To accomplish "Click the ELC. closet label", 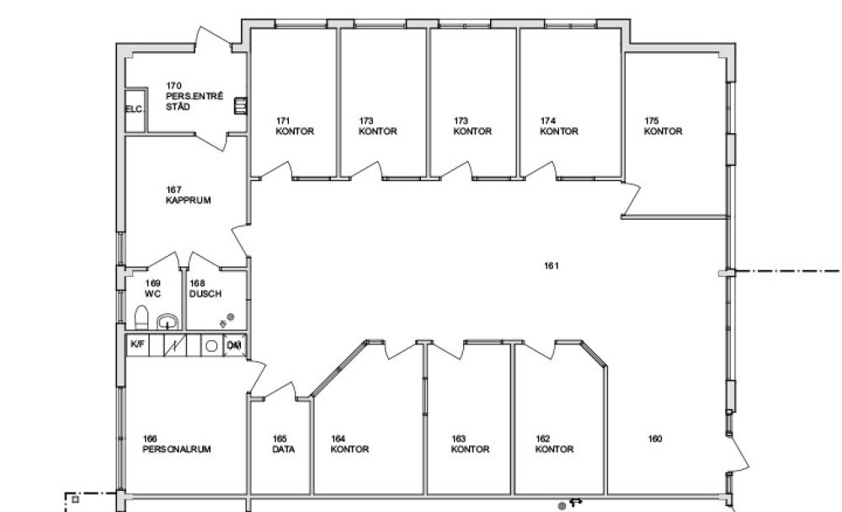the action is tap(135, 109).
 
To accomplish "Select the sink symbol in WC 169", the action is tap(168, 322).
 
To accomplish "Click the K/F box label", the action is tap(137, 344).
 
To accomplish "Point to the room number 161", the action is tap(552, 265).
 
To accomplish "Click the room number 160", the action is tap(655, 439).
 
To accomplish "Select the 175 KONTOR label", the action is tap(663, 126).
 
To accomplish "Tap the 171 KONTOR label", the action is tap(295, 126).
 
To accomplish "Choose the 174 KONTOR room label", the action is tap(559, 126).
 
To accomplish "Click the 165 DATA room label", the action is tap(283, 445).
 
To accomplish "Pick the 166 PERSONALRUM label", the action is tap(177, 445).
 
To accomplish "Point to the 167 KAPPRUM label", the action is tap(188, 195).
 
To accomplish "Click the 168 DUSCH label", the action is tap(205, 289).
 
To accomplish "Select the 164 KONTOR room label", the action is tap(349, 445).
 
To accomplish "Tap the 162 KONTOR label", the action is tap(554, 445).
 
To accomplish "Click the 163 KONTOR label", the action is tap(470, 445).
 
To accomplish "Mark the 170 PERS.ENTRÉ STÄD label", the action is tap(194, 96).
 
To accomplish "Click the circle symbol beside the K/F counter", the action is tap(211, 346).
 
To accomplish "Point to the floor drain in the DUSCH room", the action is tap(231, 317).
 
